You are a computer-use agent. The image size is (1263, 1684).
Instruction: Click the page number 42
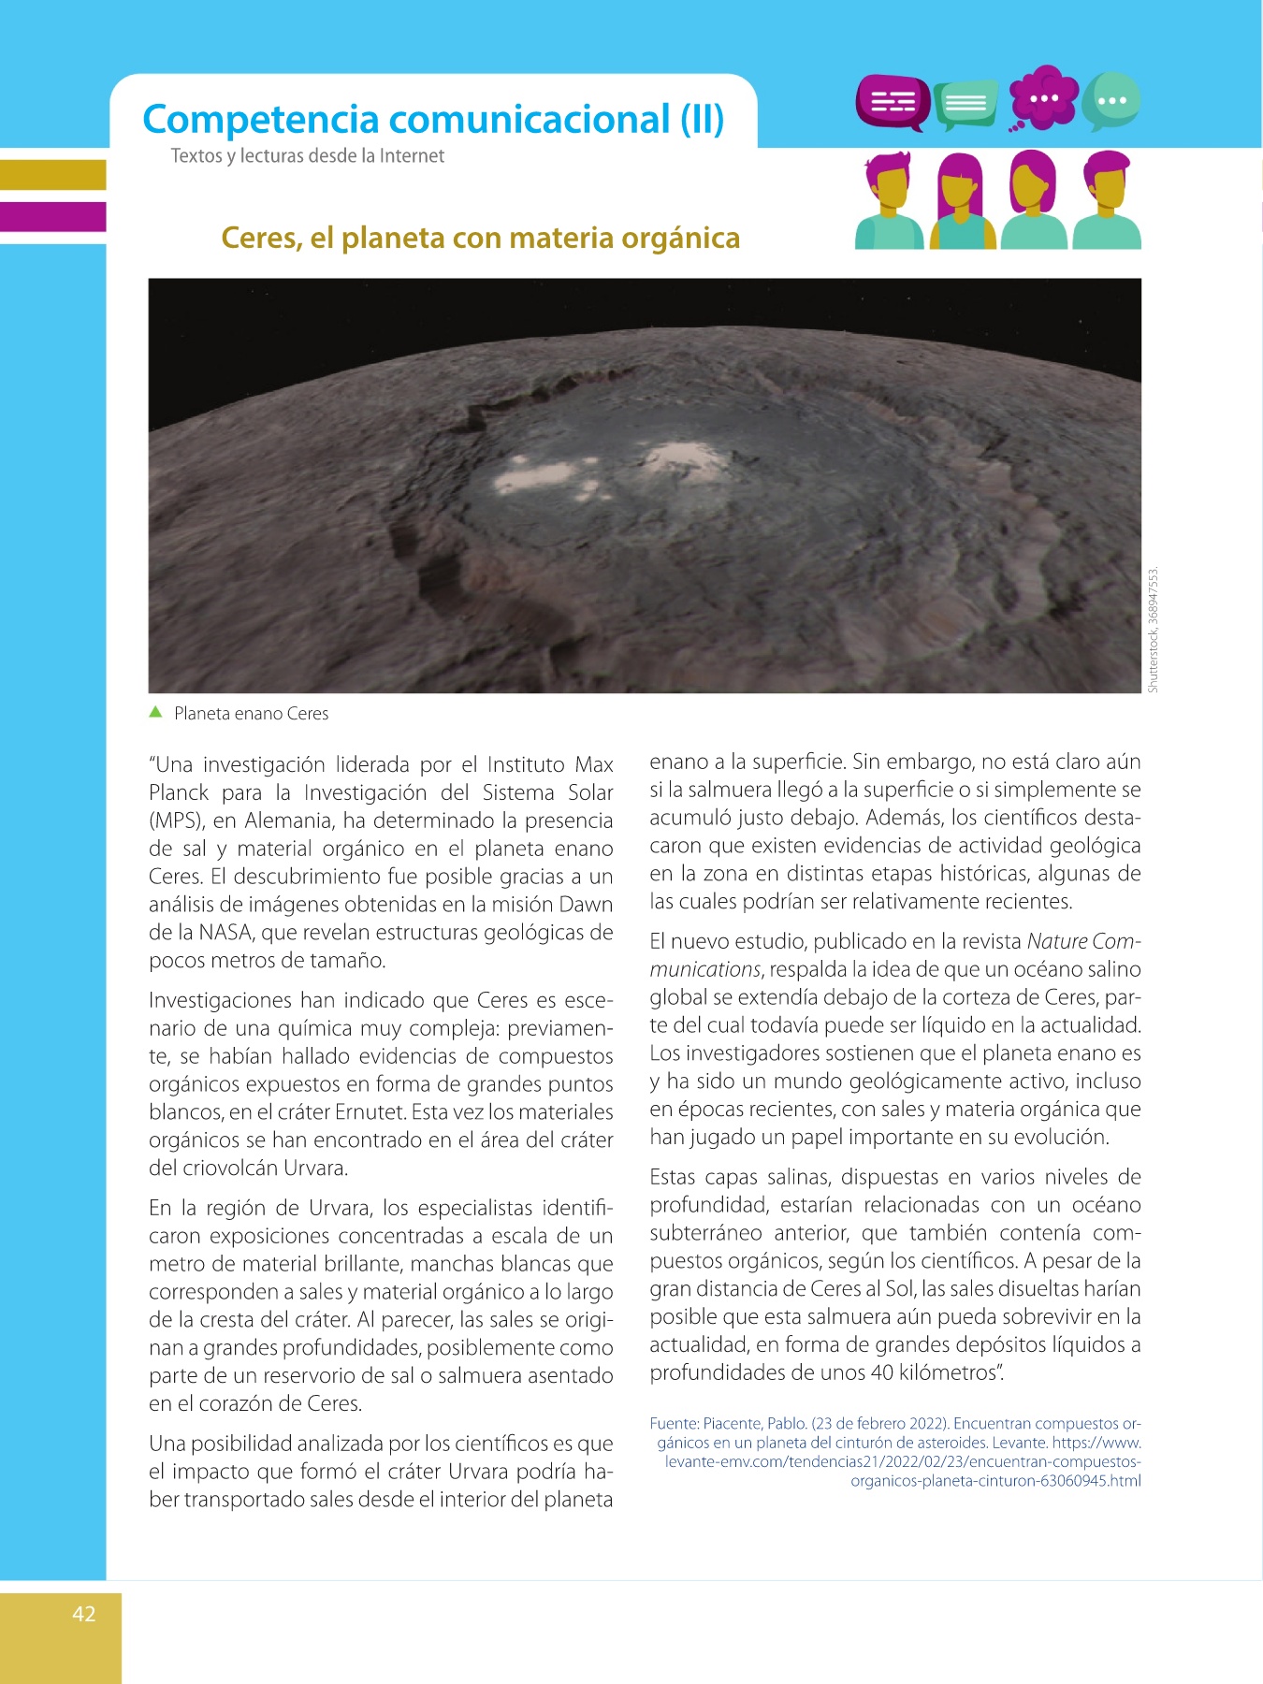(84, 1614)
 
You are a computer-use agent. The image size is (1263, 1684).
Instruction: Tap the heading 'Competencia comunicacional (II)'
(433, 120)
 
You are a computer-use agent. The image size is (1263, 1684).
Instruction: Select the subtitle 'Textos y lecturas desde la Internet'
(307, 156)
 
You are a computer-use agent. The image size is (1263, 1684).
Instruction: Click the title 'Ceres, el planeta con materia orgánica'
(480, 238)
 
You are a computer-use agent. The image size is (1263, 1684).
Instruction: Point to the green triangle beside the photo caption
(156, 712)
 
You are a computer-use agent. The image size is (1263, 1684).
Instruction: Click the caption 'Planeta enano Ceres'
(251, 714)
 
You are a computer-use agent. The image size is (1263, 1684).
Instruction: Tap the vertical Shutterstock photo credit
(1153, 629)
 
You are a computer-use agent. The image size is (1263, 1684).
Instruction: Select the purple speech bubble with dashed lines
(892, 101)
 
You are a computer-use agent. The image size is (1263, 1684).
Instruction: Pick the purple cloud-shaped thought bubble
(1043, 97)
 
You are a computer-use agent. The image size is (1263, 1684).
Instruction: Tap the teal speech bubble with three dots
(1111, 100)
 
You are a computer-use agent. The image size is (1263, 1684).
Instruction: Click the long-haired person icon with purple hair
(961, 201)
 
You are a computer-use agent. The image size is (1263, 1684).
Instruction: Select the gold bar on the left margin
(52, 175)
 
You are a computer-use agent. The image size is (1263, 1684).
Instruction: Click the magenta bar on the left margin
(52, 216)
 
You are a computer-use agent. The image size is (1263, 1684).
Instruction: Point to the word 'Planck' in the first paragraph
(179, 792)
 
